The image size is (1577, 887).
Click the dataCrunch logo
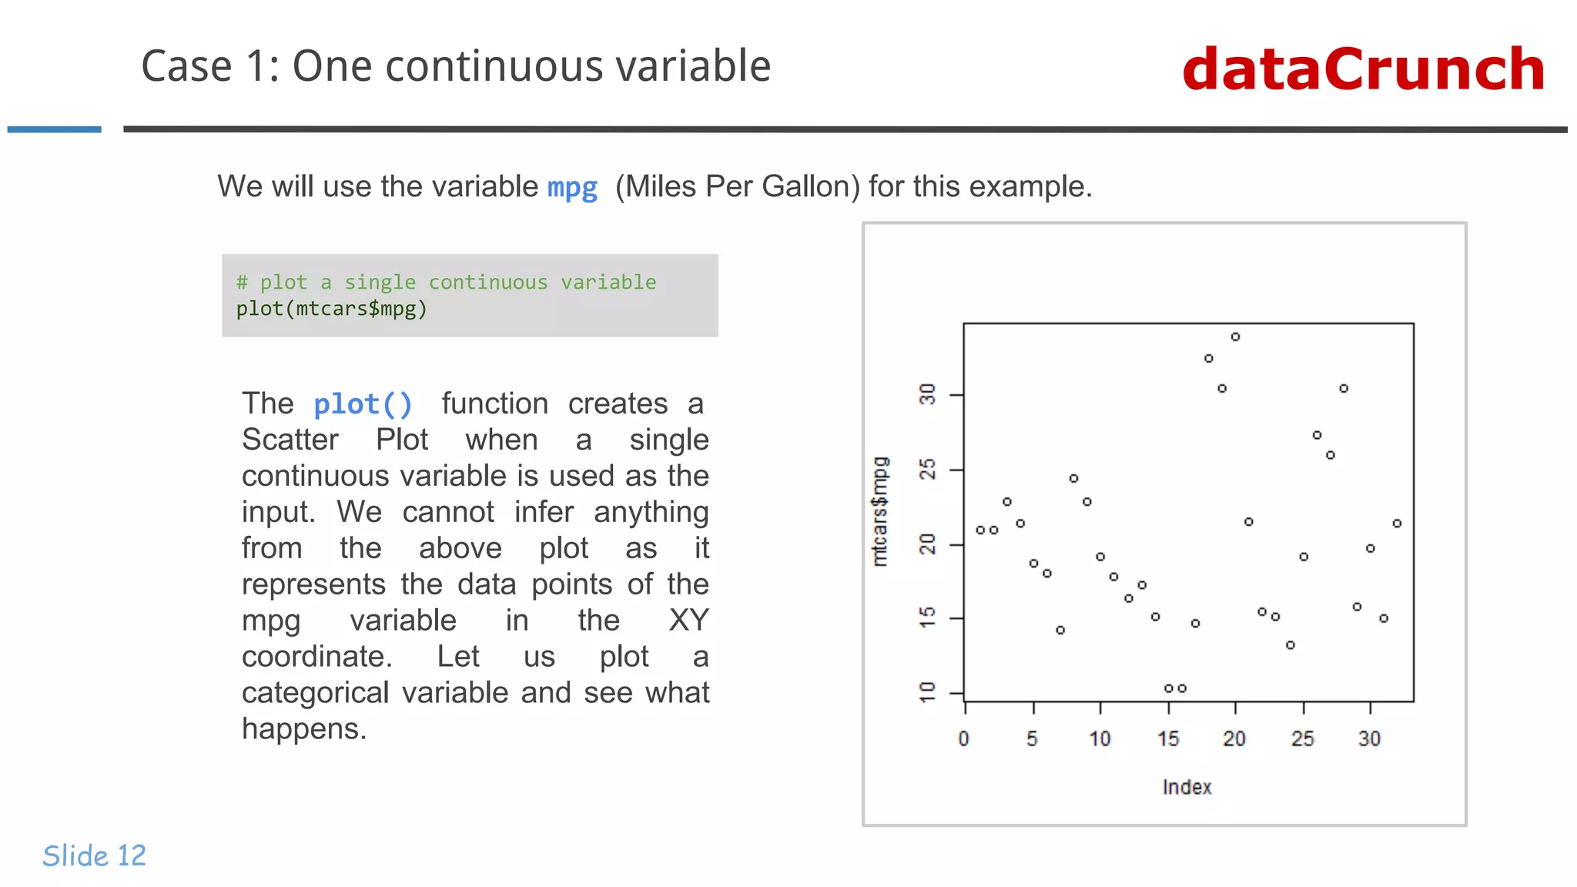click(x=1363, y=69)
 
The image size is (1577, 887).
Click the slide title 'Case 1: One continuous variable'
click(x=456, y=66)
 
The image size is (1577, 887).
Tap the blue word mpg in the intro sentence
click(x=572, y=187)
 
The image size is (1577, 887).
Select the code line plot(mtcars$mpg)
click(x=331, y=309)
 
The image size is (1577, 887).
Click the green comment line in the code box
click(x=446, y=283)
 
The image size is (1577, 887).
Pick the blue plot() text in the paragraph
click(x=363, y=404)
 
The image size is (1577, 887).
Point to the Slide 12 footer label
click(x=94, y=855)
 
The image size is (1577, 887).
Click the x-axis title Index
click(x=1187, y=787)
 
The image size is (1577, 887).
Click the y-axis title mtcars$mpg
click(x=879, y=511)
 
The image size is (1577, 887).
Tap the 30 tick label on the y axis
click(x=928, y=394)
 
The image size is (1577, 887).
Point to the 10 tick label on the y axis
click(x=928, y=692)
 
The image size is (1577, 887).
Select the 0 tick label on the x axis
click(x=963, y=739)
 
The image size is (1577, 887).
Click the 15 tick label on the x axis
click(x=1167, y=739)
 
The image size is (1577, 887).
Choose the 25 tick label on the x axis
click(x=1302, y=739)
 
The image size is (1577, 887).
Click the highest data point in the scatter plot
click(x=1235, y=336)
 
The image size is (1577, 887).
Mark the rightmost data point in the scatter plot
click(x=1397, y=524)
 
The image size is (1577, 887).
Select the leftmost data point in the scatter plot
click(x=980, y=530)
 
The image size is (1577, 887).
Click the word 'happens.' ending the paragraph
click(x=304, y=729)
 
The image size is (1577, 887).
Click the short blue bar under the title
click(x=54, y=129)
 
